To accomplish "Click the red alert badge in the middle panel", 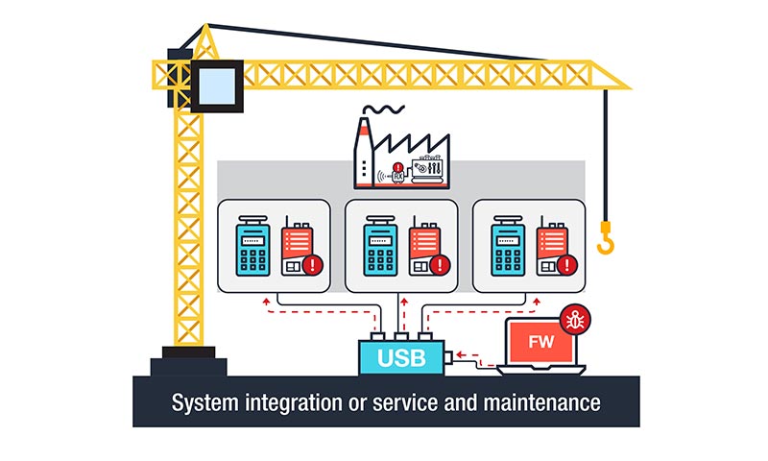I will (441, 264).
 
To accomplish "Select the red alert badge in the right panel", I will (567, 264).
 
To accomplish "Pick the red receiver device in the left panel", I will (296, 248).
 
